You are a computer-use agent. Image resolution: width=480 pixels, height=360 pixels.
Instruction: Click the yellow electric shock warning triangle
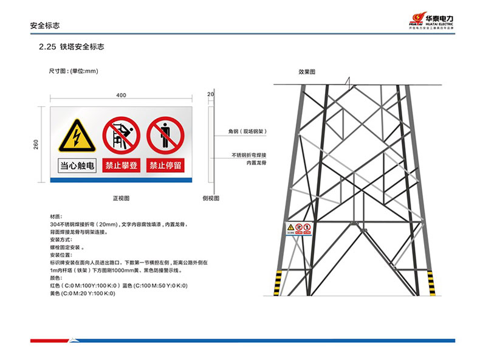pos(77,136)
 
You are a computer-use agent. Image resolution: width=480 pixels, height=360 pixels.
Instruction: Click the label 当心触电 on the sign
pos(77,165)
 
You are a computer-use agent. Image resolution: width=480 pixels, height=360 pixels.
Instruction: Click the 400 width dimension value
pos(122,95)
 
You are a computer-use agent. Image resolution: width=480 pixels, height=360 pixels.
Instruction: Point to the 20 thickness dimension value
pos(210,94)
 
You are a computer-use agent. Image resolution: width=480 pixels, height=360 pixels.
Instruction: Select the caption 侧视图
pos(211,198)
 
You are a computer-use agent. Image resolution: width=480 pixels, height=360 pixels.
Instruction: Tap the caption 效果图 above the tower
pos(307,72)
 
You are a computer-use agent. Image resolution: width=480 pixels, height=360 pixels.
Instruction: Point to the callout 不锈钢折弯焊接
pos(249,155)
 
